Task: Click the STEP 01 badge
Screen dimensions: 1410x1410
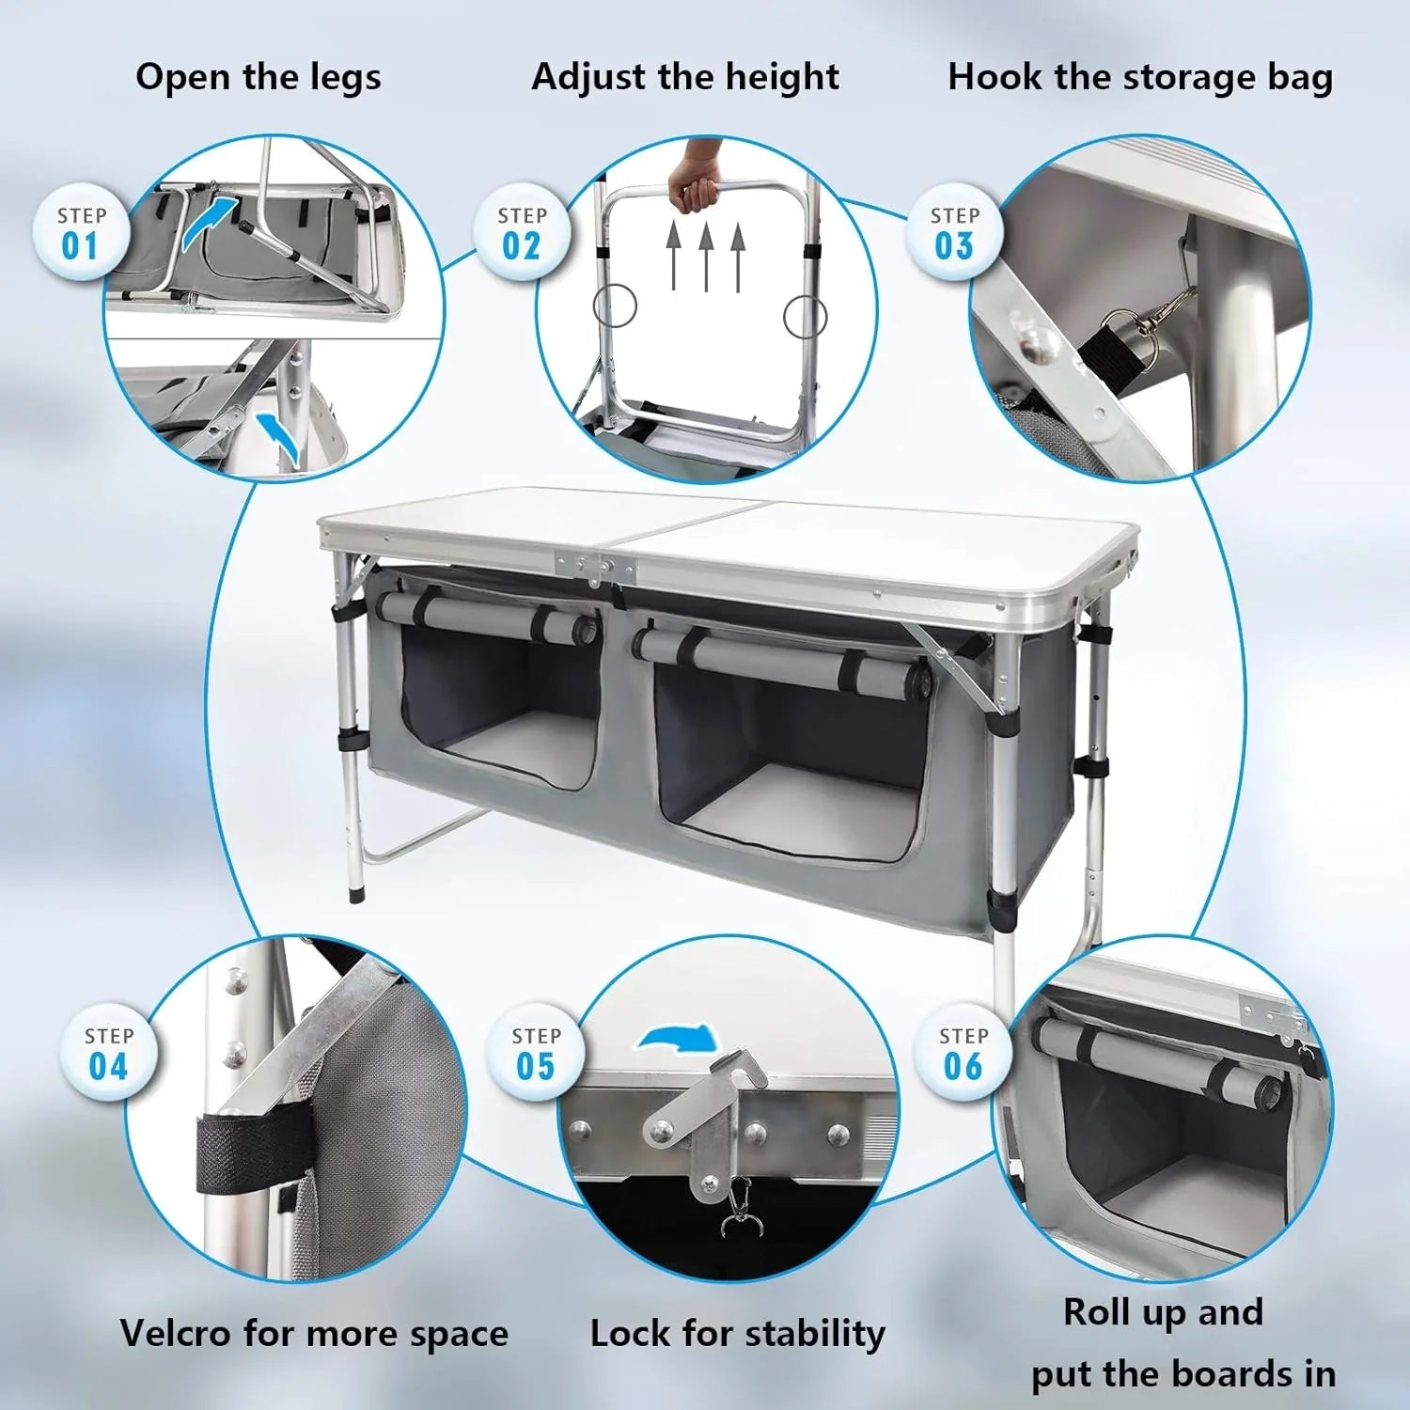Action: tap(81, 232)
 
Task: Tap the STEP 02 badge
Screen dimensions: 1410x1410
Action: tap(522, 232)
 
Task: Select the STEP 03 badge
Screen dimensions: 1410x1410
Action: tap(954, 232)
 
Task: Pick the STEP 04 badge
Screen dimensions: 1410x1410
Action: tap(109, 1053)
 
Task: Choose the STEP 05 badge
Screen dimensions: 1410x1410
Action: tap(536, 1053)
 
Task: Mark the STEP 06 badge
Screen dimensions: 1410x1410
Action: tap(963, 1053)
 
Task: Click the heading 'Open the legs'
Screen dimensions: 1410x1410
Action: tap(258, 77)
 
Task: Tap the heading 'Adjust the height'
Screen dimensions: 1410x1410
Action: tap(685, 77)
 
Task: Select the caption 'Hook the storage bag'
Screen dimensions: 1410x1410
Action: tap(1140, 77)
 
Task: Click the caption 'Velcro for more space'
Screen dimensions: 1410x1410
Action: tap(314, 1334)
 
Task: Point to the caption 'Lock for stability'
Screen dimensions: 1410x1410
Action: tap(738, 1334)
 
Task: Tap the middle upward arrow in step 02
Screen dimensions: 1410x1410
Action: tap(706, 256)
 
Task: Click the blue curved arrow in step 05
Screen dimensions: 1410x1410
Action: tap(679, 1039)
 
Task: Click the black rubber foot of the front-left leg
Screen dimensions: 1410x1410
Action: tap(355, 891)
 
